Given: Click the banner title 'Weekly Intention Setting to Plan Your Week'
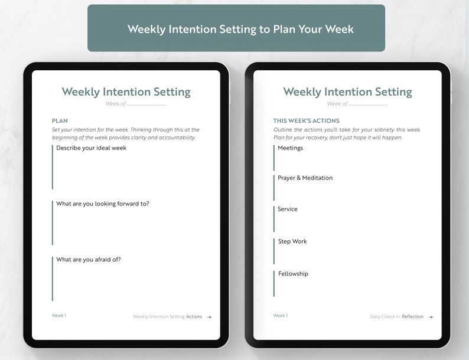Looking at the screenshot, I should (240, 29).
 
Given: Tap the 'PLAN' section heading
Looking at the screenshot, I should (60, 121).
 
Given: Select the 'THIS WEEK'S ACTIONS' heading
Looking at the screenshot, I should (306, 121).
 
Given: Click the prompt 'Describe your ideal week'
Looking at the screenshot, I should (91, 148).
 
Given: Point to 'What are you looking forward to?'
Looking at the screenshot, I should (102, 204).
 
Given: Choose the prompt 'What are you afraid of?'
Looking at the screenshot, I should (88, 260).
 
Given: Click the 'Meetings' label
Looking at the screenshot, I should (290, 148).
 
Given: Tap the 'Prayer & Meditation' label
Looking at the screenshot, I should (305, 178).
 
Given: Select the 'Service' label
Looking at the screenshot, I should (288, 210).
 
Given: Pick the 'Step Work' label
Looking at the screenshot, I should (292, 241).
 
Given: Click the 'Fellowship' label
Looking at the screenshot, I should (293, 274).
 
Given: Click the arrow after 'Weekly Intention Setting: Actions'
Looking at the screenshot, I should (209, 317).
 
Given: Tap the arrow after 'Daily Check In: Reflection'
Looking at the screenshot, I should (431, 317).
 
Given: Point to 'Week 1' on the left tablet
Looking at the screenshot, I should (59, 316).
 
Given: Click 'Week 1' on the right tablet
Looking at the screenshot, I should (281, 316).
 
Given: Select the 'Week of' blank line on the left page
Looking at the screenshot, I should (146, 105).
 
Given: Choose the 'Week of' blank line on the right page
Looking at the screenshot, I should (368, 105).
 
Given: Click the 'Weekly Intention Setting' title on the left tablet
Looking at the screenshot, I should (126, 92).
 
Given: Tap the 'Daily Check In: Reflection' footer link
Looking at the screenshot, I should (397, 317).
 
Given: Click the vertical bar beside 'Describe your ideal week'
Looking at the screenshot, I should (53, 166).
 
